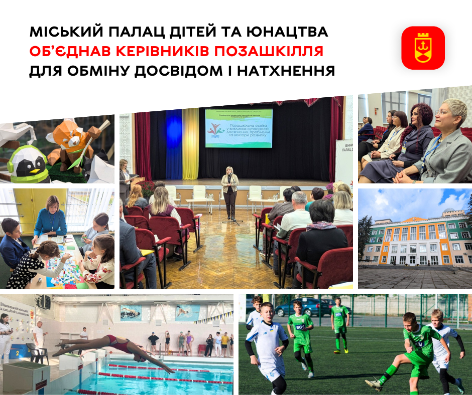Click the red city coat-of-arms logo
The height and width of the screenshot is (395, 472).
[423, 48]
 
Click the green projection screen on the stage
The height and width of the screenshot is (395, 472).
[239, 129]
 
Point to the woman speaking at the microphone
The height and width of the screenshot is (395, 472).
[230, 190]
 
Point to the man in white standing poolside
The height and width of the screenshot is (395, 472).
[39, 335]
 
